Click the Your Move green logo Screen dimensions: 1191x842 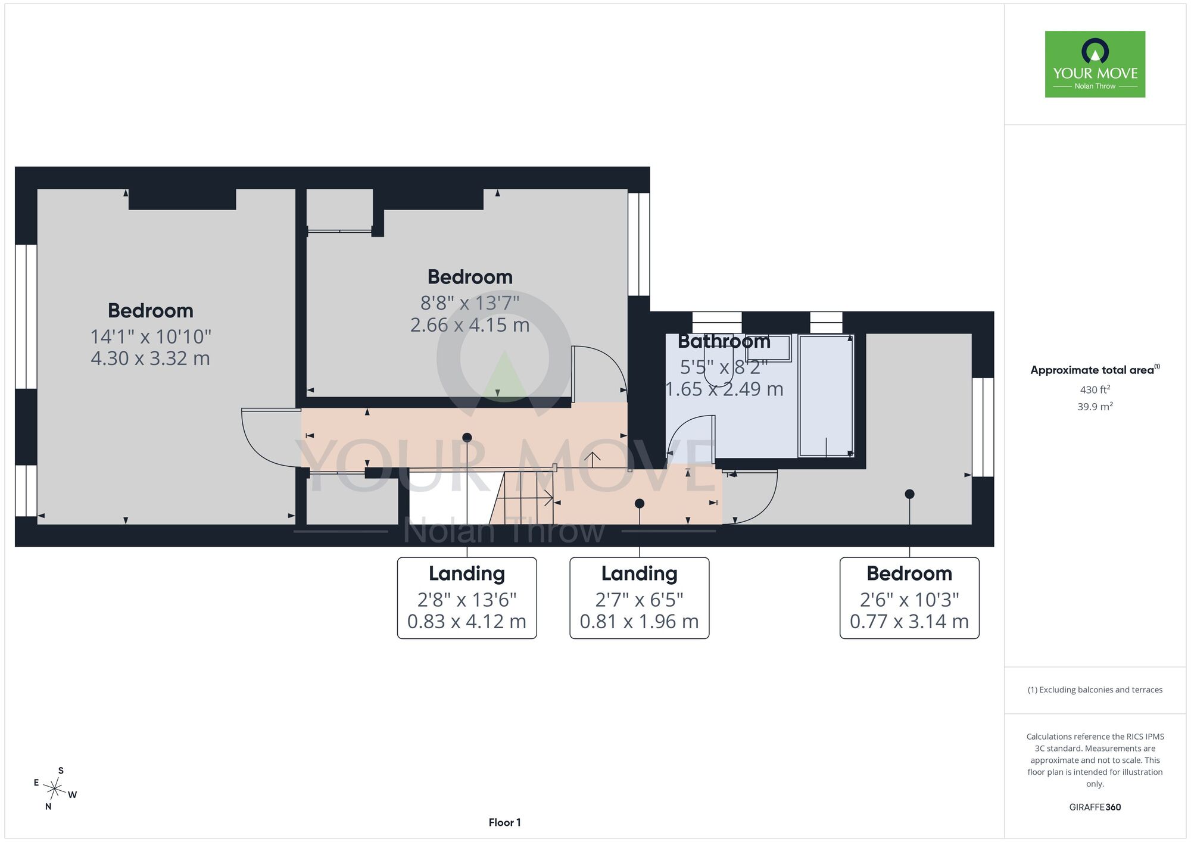pyautogui.click(x=1095, y=64)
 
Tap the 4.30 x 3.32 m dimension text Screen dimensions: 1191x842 pyautogui.click(x=151, y=358)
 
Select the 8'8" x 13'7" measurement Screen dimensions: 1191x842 pyautogui.click(x=470, y=303)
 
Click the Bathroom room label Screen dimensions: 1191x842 pyautogui.click(x=724, y=341)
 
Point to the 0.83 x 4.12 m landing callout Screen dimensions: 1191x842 pyautogui.click(x=467, y=598)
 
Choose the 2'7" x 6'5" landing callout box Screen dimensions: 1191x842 pyautogui.click(x=640, y=598)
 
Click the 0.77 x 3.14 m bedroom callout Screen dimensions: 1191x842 pyautogui.click(x=909, y=598)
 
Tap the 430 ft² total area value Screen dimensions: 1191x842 pyautogui.click(x=1095, y=389)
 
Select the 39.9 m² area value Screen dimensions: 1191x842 pyautogui.click(x=1095, y=406)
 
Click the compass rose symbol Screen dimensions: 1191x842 pyautogui.click(x=55, y=790)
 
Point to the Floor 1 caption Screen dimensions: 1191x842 pyautogui.click(x=505, y=822)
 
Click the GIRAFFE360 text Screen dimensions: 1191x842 pyautogui.click(x=1095, y=807)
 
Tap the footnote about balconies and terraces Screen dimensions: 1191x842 pyautogui.click(x=1095, y=690)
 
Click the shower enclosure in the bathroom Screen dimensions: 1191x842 pyautogui.click(x=826, y=396)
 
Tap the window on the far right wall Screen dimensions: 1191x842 pyautogui.click(x=983, y=427)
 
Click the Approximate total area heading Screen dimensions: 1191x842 pyautogui.click(x=1095, y=370)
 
